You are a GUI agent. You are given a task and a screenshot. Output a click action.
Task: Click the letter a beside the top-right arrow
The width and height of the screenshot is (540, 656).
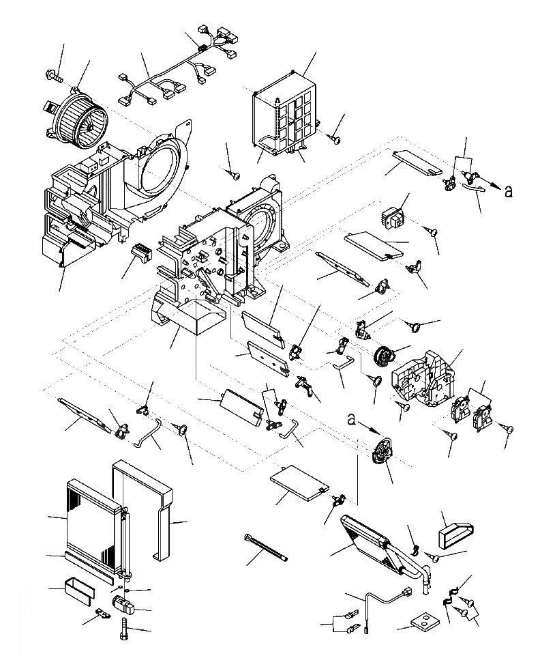click(508, 192)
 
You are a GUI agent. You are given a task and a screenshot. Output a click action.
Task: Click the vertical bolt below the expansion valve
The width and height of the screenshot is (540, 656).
click(123, 628)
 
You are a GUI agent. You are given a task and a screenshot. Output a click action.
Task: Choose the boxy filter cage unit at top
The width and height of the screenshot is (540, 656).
click(286, 113)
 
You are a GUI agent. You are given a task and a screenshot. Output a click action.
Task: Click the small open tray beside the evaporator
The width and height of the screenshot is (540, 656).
click(78, 588)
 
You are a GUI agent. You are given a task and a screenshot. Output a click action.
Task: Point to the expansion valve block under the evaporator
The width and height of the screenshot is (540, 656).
click(124, 603)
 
